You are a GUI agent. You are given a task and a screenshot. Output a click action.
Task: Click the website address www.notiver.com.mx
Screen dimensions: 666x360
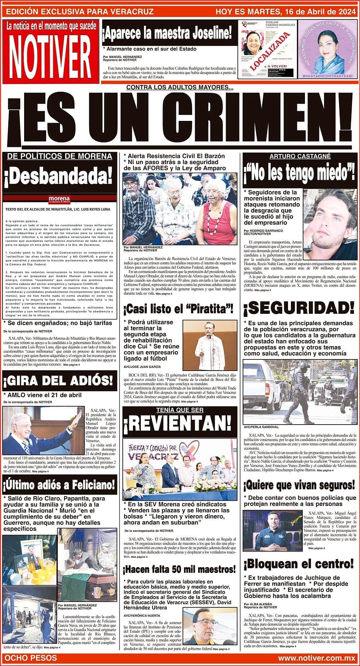(x=316, y=658)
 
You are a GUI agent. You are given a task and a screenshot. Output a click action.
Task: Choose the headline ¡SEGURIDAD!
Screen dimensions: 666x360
(x=299, y=308)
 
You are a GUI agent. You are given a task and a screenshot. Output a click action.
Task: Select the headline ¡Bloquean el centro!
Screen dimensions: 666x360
(x=299, y=563)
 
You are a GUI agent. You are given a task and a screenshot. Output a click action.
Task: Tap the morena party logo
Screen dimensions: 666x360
(x=59, y=199)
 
